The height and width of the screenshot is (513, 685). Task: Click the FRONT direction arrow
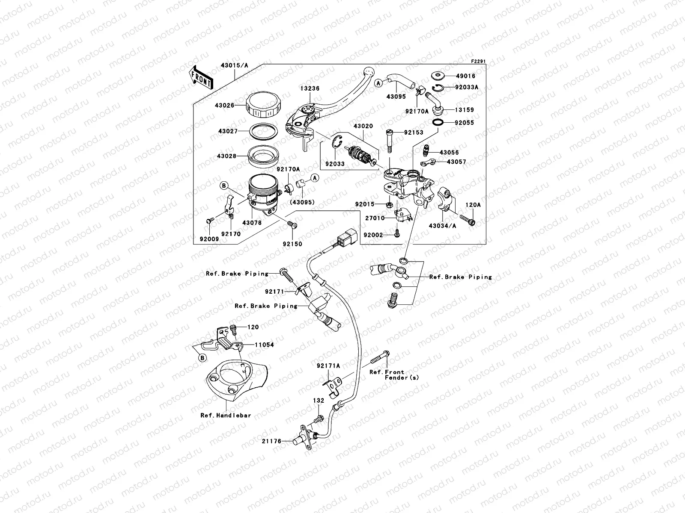pos(202,77)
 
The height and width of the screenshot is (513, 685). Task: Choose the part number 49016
pos(465,76)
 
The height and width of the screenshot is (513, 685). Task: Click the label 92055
pos(465,123)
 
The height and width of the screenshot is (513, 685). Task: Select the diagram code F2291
pos(479,62)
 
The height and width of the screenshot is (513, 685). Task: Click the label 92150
pos(292,244)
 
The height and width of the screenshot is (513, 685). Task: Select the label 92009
pos(209,239)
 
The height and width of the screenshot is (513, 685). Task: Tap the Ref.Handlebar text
pos(226,415)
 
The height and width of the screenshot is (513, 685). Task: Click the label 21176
pos(272,441)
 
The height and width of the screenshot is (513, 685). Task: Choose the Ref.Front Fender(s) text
pos(394,375)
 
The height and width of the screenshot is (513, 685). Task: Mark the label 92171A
pos(328,366)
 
